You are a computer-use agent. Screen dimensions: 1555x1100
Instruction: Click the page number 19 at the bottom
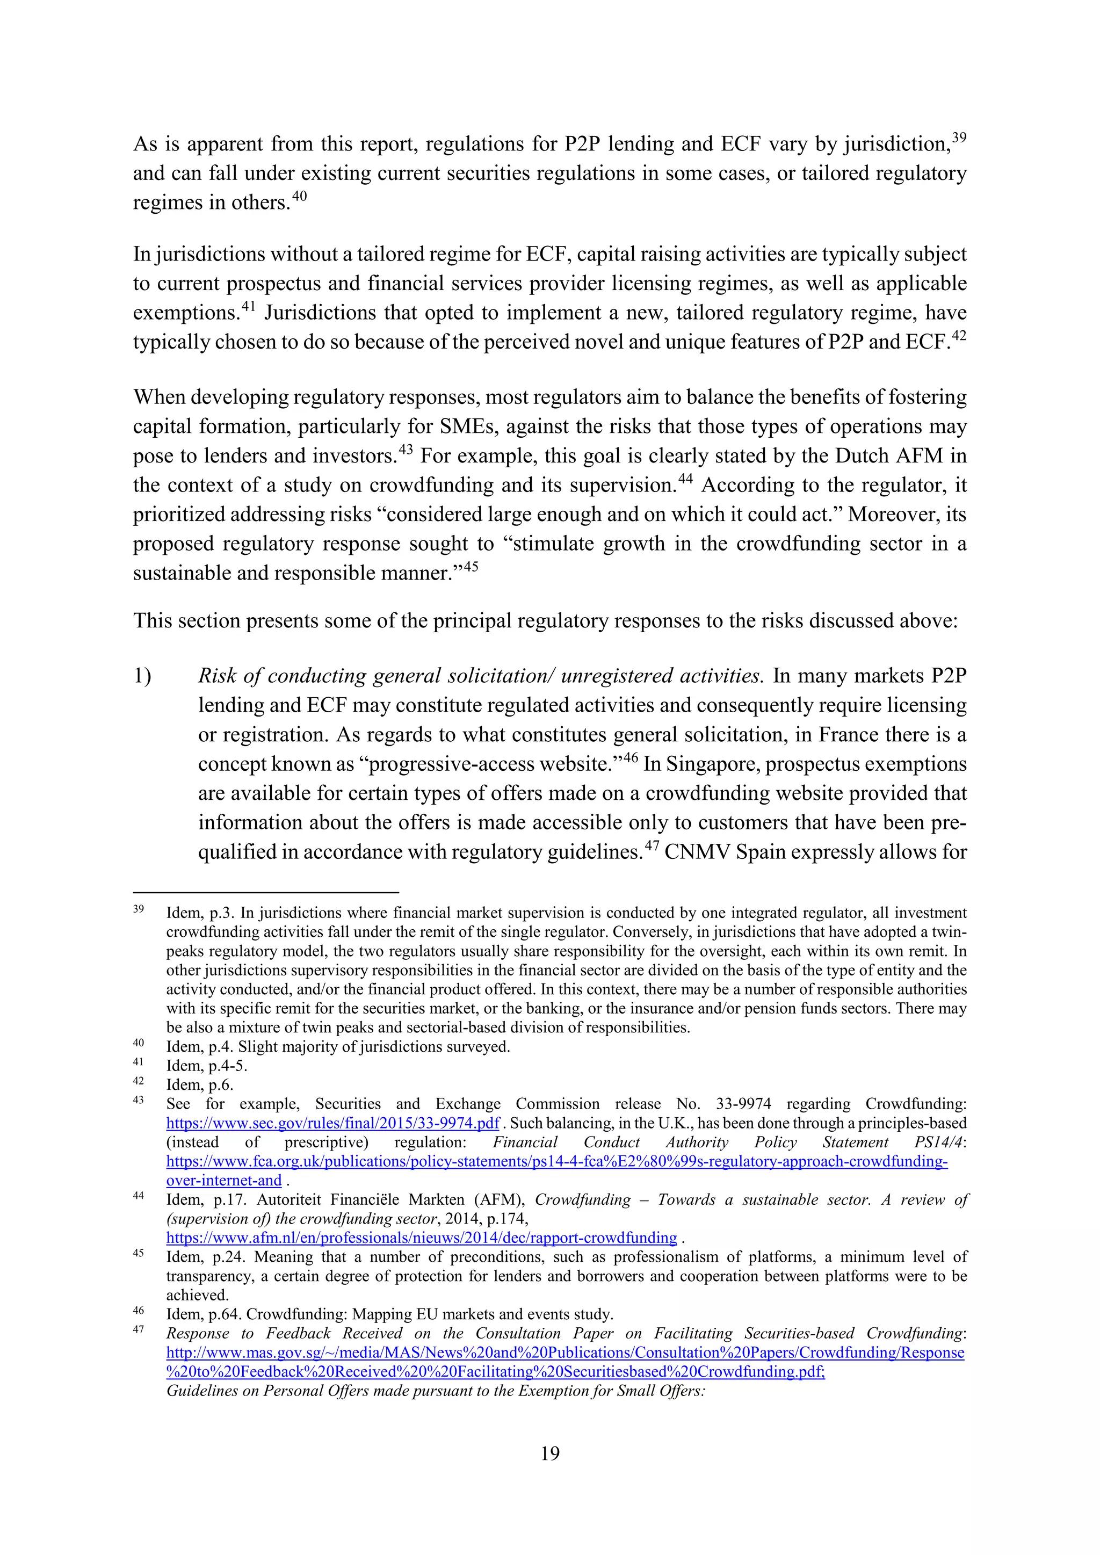550,1453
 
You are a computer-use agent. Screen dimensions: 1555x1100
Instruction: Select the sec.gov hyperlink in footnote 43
332,1123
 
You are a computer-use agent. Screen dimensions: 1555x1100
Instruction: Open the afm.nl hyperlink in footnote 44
421,1238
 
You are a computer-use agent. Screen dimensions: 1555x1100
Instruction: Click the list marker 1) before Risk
142,676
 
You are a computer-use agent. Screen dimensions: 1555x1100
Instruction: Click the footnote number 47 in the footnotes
138,1329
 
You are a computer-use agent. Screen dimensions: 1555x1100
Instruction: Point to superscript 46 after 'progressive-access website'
631,758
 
